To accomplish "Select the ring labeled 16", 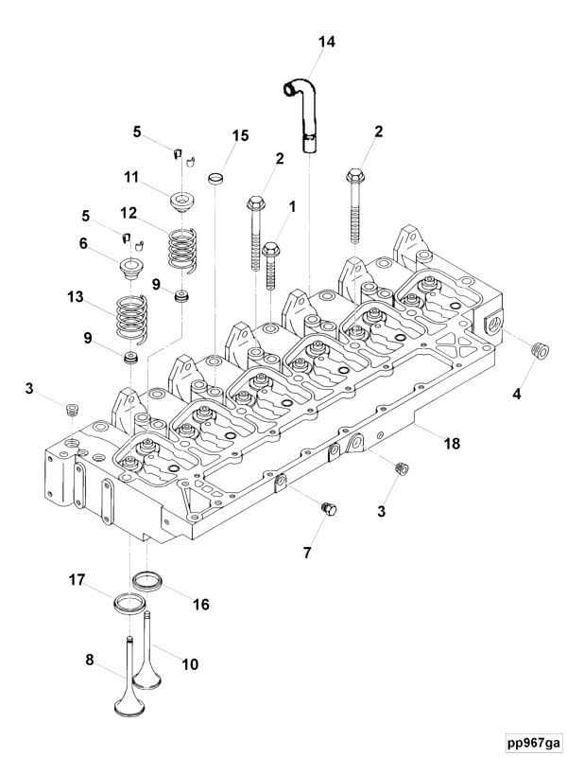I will [147, 579].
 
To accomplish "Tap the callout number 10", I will [190, 664].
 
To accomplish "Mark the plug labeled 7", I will [330, 509].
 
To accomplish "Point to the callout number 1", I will [292, 205].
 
